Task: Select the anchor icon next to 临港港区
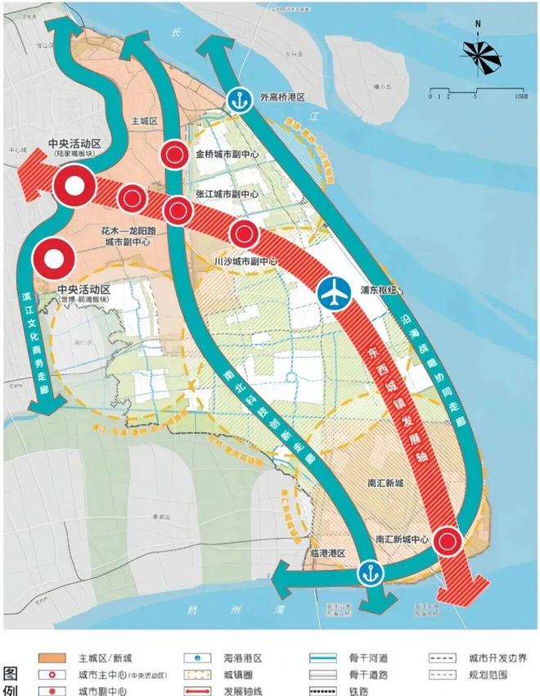pyautogui.click(x=370, y=572)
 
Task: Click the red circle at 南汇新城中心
pyautogui.click(x=448, y=541)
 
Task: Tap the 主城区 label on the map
pyautogui.click(x=143, y=120)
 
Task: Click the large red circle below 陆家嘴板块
pyautogui.click(x=74, y=187)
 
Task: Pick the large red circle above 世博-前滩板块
pyautogui.click(x=54, y=260)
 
